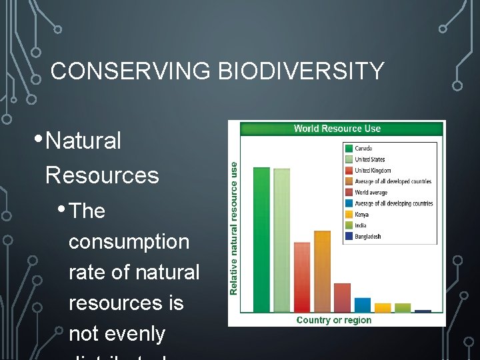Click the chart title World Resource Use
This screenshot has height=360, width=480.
pyautogui.click(x=337, y=129)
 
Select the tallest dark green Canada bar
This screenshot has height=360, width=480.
pyautogui.click(x=261, y=240)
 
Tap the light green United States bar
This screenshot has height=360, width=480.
pyautogui.click(x=282, y=241)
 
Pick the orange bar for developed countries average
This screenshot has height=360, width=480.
pyautogui.click(x=322, y=271)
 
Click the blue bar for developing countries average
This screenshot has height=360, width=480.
pyautogui.click(x=363, y=305)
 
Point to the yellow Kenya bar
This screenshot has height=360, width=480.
pyautogui.click(x=383, y=308)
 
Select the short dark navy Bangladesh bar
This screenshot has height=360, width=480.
pyautogui.click(x=423, y=311)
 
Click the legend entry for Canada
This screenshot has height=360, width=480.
pyautogui.click(x=363, y=148)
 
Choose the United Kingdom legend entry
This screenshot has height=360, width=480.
pyautogui.click(x=373, y=171)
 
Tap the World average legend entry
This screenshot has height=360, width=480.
pyautogui.click(x=371, y=193)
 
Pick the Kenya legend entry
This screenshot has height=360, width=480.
pyautogui.click(x=361, y=215)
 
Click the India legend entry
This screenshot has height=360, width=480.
pyautogui.click(x=361, y=225)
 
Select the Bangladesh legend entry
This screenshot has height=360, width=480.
pyautogui.click(x=367, y=237)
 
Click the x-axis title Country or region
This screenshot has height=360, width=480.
pyautogui.click(x=334, y=320)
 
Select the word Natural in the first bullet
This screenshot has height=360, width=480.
pyautogui.click(x=84, y=141)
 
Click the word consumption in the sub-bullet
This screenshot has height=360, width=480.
pyautogui.click(x=129, y=241)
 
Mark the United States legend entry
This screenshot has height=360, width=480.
pyautogui.click(x=369, y=159)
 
